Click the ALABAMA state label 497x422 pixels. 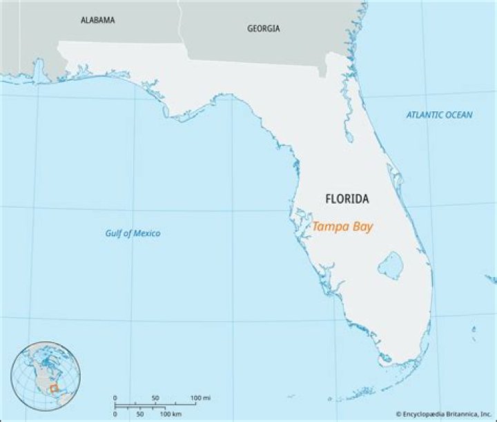coord(97,20)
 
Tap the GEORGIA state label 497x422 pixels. coord(264,28)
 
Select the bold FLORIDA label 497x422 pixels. coord(347,199)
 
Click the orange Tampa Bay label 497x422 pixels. coord(342,226)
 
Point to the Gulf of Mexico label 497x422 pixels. coord(133,233)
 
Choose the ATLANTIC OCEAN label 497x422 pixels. coord(439,115)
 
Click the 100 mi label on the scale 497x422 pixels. coord(201,399)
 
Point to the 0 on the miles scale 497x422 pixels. coord(115,399)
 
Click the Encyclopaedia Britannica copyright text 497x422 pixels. coord(445,414)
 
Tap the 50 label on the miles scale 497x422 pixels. coord(155,399)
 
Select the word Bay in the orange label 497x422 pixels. coord(362,226)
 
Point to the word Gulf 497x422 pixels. coord(114,233)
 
